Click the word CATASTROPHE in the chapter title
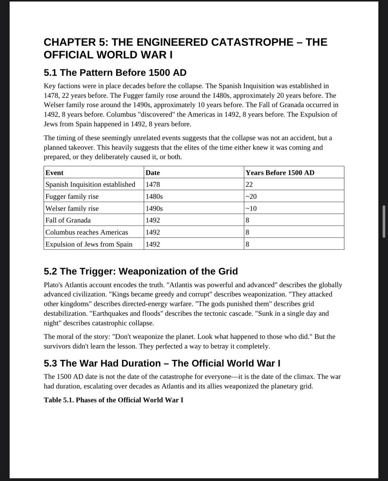[x=252, y=42]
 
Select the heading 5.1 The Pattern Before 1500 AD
[x=115, y=73]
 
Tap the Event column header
[x=55, y=173]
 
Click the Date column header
[x=153, y=173]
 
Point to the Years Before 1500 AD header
[x=280, y=173]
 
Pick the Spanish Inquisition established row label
[x=90, y=185]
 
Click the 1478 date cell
[x=153, y=185]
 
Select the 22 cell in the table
[x=249, y=185]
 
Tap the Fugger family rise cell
[x=72, y=196]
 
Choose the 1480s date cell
[x=154, y=196]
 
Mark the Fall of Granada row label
[x=68, y=220]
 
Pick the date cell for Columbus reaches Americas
[x=153, y=232]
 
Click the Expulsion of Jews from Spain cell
[x=89, y=244]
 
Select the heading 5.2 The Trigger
[x=140, y=271]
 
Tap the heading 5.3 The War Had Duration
[x=162, y=363]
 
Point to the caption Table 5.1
[x=113, y=400]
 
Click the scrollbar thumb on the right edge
[x=384, y=222]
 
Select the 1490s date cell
[x=154, y=208]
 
